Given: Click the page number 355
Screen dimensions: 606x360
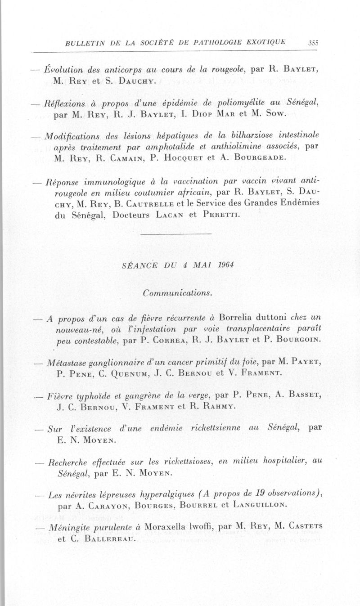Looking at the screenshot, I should point(313,43).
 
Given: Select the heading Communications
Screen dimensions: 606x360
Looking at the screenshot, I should point(177,293).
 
